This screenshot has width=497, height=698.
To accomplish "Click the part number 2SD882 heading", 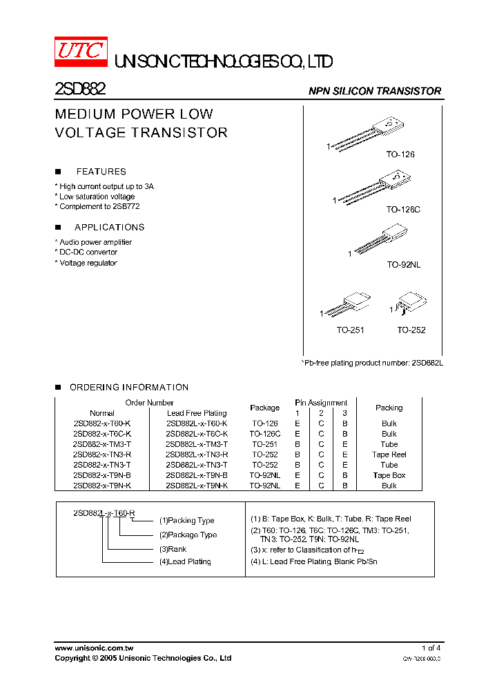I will (79, 90).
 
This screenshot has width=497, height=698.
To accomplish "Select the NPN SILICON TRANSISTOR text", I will (374, 91).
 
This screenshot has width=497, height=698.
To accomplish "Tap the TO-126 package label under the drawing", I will (400, 154).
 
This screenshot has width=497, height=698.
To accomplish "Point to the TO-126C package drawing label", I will (402, 209).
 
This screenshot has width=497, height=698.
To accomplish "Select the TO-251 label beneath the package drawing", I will (350, 330).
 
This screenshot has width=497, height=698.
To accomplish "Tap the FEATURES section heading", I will (101, 172).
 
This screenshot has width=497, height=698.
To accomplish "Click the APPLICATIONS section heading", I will (109, 228).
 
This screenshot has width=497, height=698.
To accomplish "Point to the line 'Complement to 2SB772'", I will (97, 206).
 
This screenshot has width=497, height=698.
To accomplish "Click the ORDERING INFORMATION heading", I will (128, 388).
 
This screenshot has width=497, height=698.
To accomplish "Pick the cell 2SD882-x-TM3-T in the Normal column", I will (101, 444).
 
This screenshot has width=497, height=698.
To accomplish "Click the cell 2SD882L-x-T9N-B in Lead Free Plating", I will (197, 475).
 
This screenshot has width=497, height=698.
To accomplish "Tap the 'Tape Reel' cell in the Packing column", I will (389, 455).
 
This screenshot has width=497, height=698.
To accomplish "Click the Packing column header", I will (389, 408).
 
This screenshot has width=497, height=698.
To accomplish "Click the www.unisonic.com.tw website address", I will (94, 648).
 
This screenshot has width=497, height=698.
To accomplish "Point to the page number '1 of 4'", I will (431, 648).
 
